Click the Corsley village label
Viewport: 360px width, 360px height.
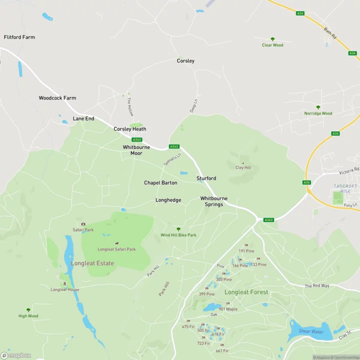(185, 61)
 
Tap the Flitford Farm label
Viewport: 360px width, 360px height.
(19, 37)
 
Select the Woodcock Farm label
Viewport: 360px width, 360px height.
(57, 98)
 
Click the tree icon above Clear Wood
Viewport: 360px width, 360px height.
(272, 39)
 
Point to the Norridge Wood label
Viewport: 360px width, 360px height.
(318, 113)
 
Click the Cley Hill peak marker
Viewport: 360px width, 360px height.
(243, 163)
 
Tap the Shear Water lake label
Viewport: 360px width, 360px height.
(310, 331)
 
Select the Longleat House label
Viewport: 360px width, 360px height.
(64, 289)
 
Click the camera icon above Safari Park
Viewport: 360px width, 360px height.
(83, 224)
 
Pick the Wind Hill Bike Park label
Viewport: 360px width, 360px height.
(178, 235)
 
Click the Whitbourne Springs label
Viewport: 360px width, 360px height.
(214, 201)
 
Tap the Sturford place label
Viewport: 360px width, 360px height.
(206, 178)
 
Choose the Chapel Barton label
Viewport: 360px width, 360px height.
(160, 183)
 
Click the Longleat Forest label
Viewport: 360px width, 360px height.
(246, 292)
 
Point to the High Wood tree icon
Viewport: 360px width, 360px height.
(28, 310)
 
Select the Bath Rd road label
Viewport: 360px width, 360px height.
(330, 33)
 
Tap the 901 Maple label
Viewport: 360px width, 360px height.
(228, 309)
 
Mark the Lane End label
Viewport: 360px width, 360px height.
(83, 118)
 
